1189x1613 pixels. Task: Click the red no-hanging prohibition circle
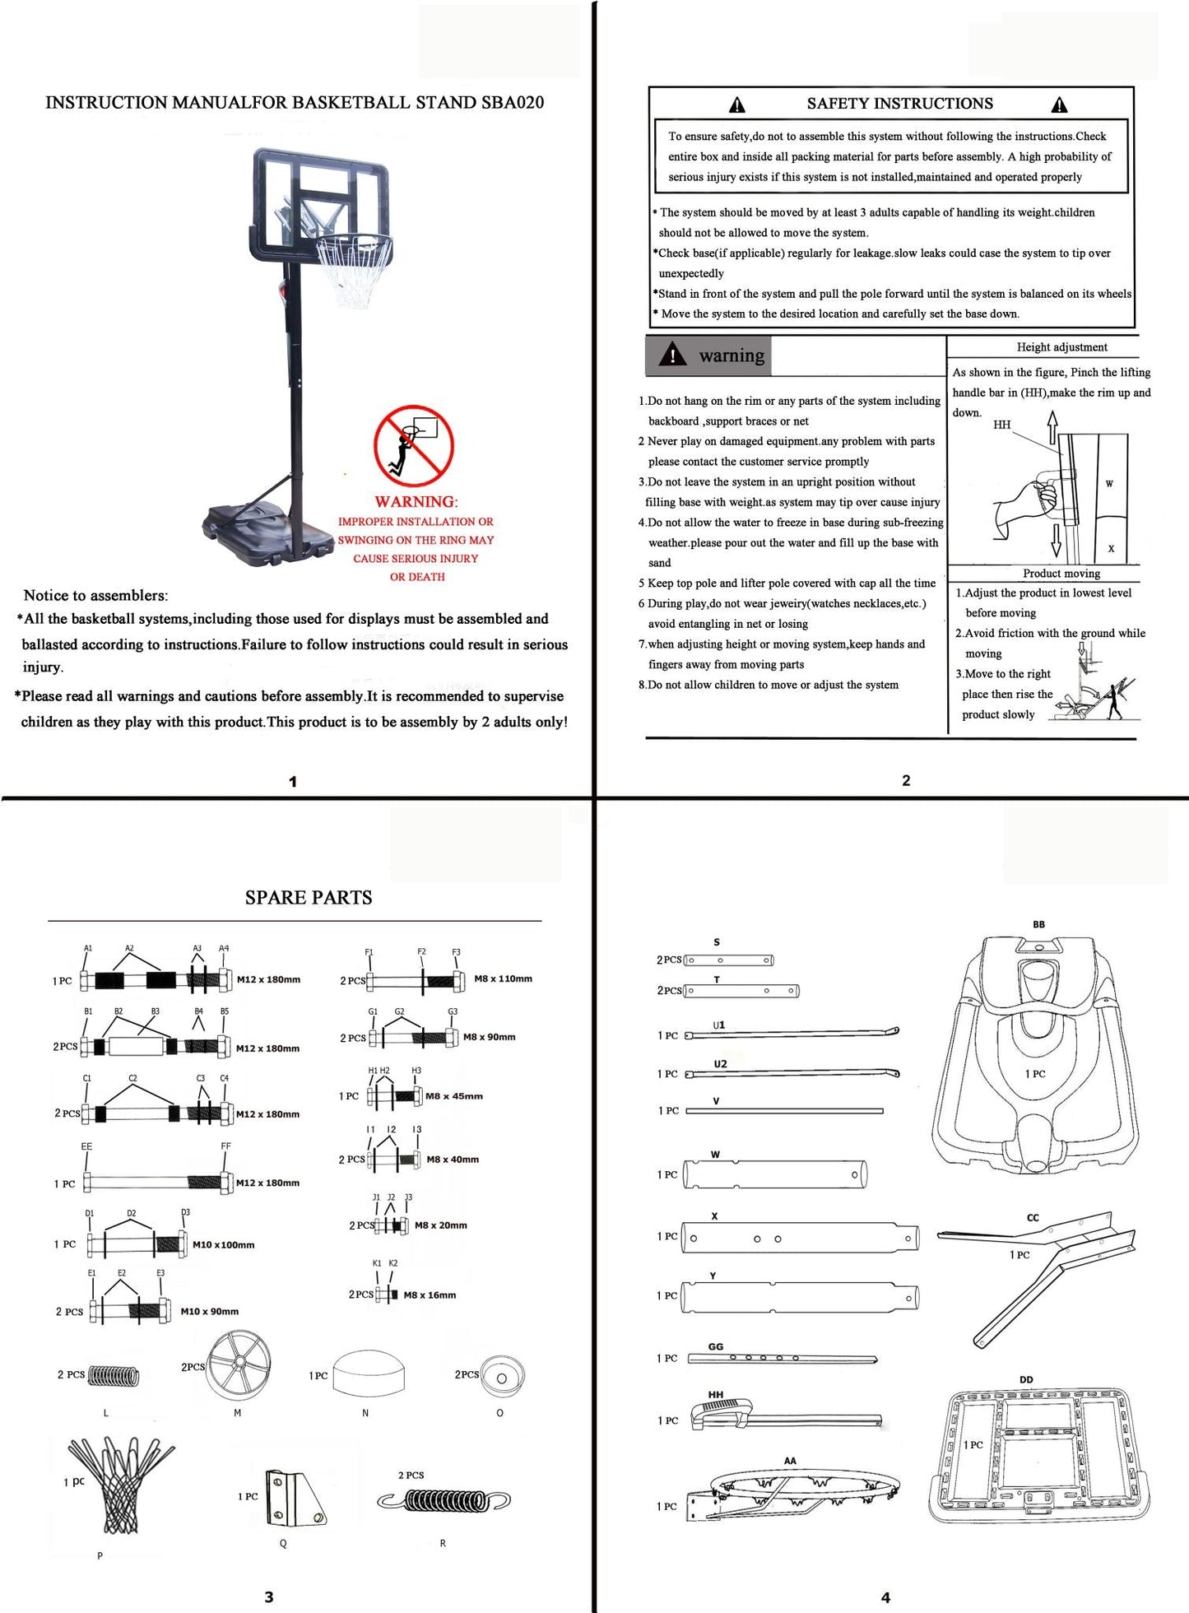[413, 445]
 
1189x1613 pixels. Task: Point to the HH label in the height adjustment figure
[1001, 425]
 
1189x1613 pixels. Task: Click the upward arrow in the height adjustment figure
[1052, 428]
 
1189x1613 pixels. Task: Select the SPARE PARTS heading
[309, 898]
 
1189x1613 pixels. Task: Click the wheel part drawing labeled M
[239, 1365]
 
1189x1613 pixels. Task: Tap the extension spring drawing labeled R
[444, 1501]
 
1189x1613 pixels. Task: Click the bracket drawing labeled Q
[295, 1499]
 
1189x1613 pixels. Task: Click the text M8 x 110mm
[503, 979]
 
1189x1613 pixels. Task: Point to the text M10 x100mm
[223, 1245]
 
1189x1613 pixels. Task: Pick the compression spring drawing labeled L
[114, 1375]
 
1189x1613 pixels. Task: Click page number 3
[269, 1597]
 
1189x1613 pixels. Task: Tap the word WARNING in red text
[414, 502]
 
